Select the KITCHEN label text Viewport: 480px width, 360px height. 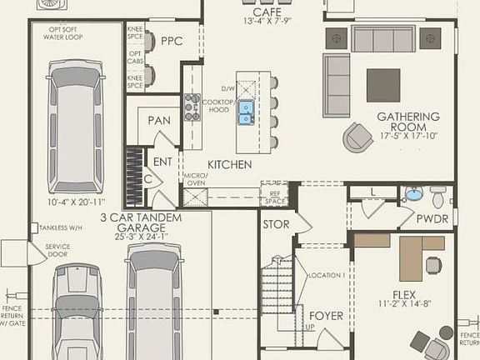(x=229, y=165)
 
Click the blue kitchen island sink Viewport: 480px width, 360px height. (x=247, y=112)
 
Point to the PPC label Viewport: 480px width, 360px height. (x=172, y=41)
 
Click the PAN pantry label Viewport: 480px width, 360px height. (x=159, y=121)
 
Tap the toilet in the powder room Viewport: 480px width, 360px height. (x=438, y=196)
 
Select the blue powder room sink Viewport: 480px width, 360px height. (x=412, y=194)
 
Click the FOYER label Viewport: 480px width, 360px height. (x=326, y=316)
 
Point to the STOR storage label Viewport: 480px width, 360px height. (x=276, y=224)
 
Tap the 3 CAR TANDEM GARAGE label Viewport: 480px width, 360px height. (x=135, y=222)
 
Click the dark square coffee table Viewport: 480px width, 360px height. (x=383, y=85)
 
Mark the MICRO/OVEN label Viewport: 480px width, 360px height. (x=196, y=180)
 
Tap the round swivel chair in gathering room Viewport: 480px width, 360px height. (x=359, y=137)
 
